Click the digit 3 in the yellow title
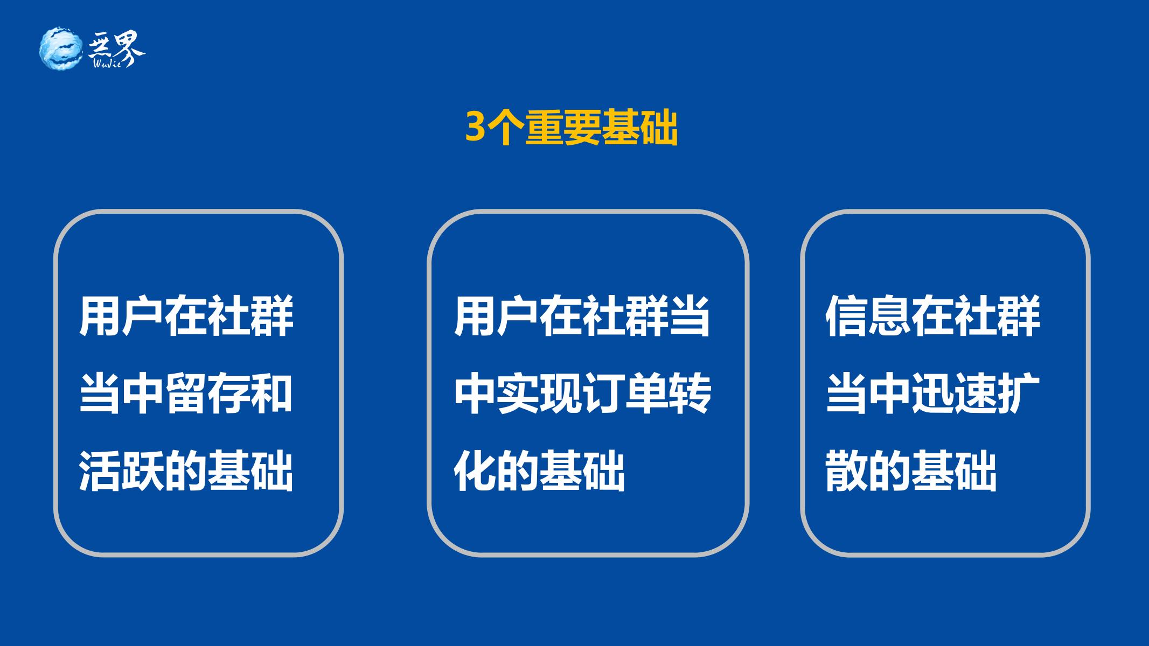coord(475,127)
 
